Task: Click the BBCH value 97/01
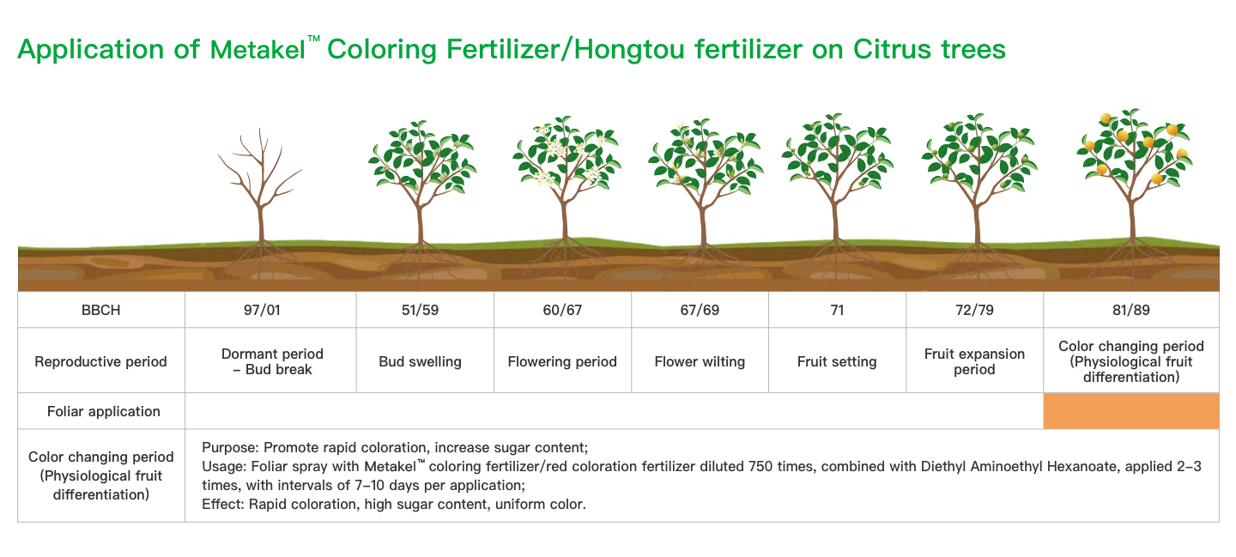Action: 262,310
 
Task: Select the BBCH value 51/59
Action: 420,310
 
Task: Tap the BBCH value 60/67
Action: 562,310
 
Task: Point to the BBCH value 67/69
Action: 700,310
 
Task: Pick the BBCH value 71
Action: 837,310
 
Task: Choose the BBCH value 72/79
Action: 974,310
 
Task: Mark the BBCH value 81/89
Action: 1131,310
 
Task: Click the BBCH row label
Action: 101,310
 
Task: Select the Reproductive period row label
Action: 101,362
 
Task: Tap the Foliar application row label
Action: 104,411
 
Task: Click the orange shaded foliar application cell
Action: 1131,411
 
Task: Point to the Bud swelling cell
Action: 420,362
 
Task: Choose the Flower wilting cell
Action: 700,362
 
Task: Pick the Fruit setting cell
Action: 837,362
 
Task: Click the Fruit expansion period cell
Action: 974,362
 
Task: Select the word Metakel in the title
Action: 257,50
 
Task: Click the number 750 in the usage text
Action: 760,467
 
